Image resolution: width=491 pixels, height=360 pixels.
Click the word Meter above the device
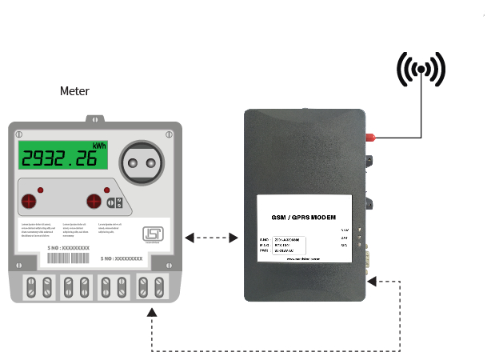pyautogui.click(x=74, y=91)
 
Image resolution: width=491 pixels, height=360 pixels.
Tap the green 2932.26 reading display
pyautogui.click(x=64, y=158)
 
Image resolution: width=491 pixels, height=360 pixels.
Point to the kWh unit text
pyautogui.click(x=99, y=146)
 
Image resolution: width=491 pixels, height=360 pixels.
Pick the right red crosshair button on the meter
pyautogui.click(x=94, y=201)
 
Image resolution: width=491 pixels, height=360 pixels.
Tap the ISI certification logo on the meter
pyautogui.click(x=151, y=234)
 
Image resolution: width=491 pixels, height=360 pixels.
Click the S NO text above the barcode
pyautogui.click(x=64, y=249)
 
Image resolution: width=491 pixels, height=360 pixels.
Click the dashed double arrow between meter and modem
pyautogui.click(x=211, y=238)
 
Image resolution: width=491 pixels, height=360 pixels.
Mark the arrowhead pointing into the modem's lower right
pyautogui.click(x=373, y=280)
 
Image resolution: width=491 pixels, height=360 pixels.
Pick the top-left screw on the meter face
pyautogui.click(x=19, y=134)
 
